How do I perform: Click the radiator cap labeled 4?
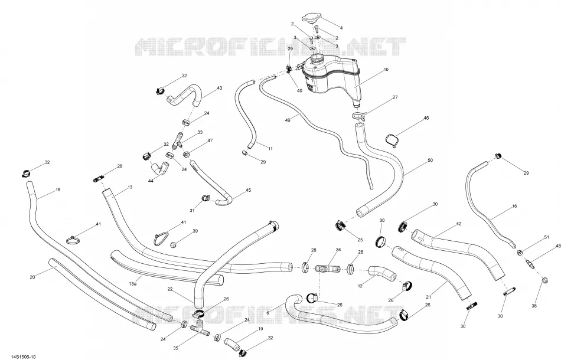pos(311,18)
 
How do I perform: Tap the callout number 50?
pos(430,160)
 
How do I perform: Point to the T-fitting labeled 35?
pos(200,328)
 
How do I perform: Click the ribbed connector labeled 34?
pos(327,269)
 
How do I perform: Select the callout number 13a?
pos(132,284)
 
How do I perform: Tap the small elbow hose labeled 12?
pos(383,274)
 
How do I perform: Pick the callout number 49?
pos(288,120)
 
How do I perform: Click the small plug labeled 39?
pos(174,245)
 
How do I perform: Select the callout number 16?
pos(514,207)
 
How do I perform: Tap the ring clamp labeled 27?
pos(358,116)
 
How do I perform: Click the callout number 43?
pos(219,88)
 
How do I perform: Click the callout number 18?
pos(58,190)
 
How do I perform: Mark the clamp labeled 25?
pos(341,225)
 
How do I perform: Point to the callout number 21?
pos(429,297)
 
